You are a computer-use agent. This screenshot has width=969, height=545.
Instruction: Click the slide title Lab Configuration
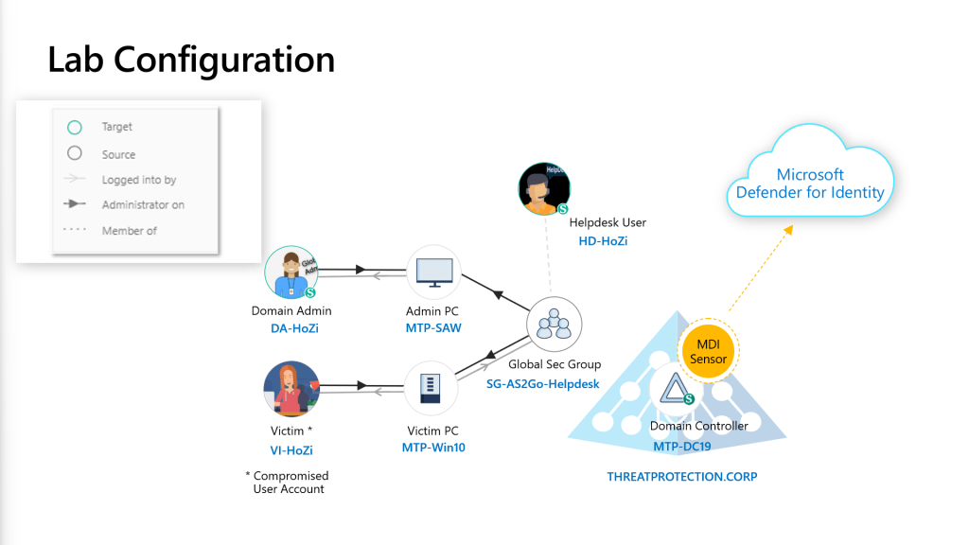[191, 60]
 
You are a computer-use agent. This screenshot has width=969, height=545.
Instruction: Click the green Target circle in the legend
[75, 127]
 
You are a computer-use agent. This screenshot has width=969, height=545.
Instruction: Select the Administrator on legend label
[143, 205]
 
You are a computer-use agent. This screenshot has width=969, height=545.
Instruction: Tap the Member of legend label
[130, 231]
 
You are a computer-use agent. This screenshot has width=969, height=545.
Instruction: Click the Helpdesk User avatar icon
[544, 188]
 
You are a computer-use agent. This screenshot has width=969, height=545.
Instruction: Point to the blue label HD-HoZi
[603, 241]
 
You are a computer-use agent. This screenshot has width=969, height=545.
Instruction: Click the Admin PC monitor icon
[432, 272]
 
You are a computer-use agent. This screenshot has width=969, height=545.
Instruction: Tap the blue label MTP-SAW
[432, 327]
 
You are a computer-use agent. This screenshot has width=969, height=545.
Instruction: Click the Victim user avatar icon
[291, 388]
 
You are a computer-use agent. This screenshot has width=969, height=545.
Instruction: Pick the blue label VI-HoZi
[291, 450]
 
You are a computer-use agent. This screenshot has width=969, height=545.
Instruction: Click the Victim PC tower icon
[432, 389]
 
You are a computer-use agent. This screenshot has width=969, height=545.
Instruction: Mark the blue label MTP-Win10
[433, 447]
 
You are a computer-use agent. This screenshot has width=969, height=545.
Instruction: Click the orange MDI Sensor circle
[708, 352]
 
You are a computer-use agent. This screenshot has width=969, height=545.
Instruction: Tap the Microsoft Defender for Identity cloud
[810, 184]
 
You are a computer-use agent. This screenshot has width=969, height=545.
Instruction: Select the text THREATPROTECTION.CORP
[681, 477]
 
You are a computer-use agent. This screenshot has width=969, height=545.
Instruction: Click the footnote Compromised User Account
[290, 483]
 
